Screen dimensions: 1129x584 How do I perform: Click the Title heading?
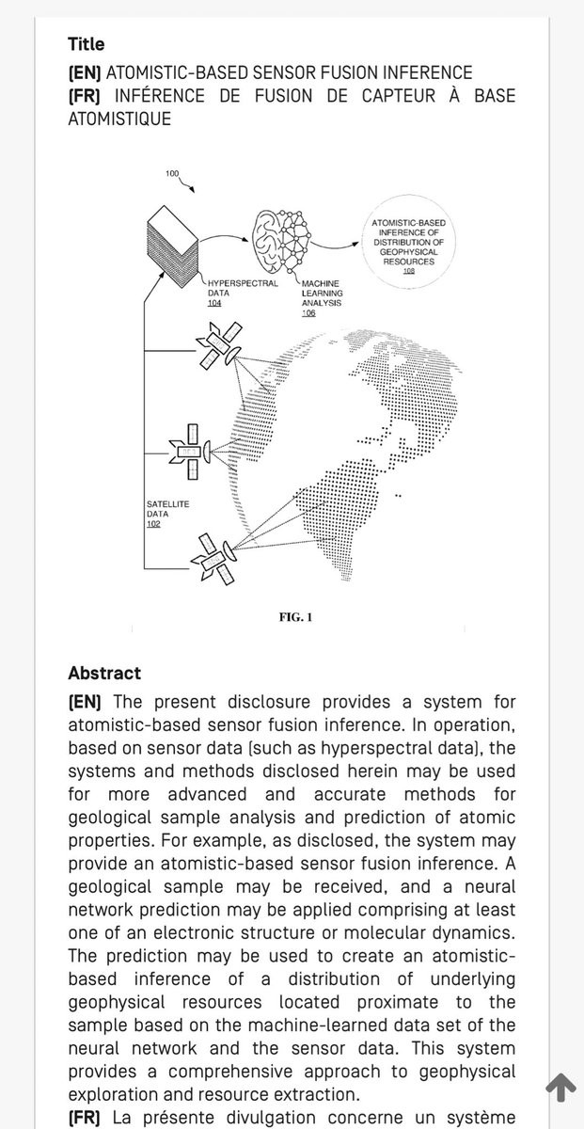click(x=87, y=44)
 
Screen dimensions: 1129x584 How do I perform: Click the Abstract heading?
click(x=104, y=674)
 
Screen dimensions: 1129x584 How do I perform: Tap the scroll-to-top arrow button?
click(x=560, y=1088)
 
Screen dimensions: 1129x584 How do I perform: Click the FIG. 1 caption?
click(x=295, y=617)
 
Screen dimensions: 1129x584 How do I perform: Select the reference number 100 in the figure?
click(x=171, y=174)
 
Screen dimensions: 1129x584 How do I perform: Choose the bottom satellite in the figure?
click(x=213, y=555)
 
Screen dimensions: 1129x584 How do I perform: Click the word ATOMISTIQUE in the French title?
click(x=119, y=119)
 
